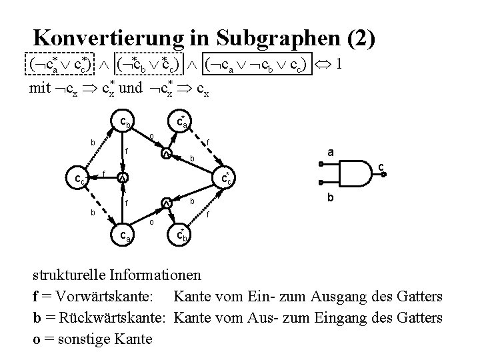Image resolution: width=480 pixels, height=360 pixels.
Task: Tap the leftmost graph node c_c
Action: coord(79,178)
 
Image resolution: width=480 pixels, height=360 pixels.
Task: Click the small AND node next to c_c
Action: coord(122,178)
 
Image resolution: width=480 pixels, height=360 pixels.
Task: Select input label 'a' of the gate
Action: coord(329,153)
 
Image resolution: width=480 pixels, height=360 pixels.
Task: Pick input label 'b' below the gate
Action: coord(329,198)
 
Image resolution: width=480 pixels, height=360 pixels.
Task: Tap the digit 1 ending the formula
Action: coord(340,65)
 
